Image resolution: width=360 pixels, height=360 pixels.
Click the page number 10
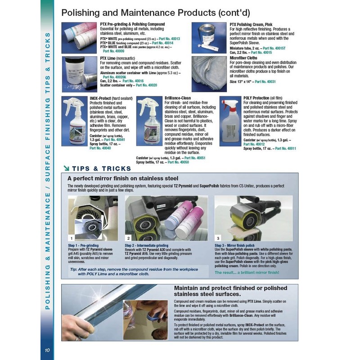coord(48,351)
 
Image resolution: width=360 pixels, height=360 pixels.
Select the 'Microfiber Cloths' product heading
coord(243,58)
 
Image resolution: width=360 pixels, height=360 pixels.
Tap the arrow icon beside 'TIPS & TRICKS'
coord(66,169)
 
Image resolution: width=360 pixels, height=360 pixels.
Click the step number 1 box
coord(71,238)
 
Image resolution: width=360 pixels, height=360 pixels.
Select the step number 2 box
coord(128,238)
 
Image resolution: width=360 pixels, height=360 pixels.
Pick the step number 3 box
coord(218,238)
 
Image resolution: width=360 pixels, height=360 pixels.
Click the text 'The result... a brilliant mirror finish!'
coord(247,272)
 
